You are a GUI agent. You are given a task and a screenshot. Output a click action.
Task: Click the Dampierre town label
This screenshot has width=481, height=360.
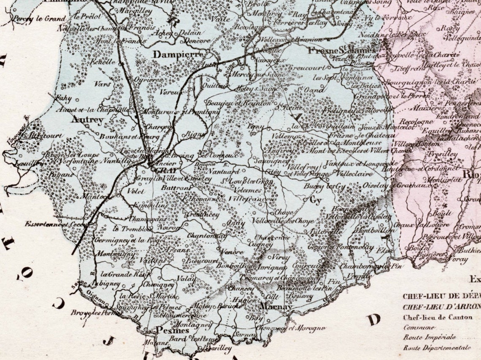(x=178, y=54)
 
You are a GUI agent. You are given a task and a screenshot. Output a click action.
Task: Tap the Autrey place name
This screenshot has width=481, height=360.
(x=88, y=120)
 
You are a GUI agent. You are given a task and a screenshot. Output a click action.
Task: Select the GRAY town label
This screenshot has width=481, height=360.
(x=167, y=170)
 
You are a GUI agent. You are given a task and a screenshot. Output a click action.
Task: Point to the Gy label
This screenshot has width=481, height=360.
(x=315, y=201)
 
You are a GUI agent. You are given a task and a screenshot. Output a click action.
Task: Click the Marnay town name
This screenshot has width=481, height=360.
(x=276, y=306)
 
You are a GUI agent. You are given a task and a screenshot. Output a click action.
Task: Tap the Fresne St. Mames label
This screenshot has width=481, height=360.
(x=341, y=51)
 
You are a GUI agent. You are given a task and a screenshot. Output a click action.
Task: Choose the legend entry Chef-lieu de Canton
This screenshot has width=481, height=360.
(x=438, y=317)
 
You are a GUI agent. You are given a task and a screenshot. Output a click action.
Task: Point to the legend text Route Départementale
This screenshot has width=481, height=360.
(x=437, y=348)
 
